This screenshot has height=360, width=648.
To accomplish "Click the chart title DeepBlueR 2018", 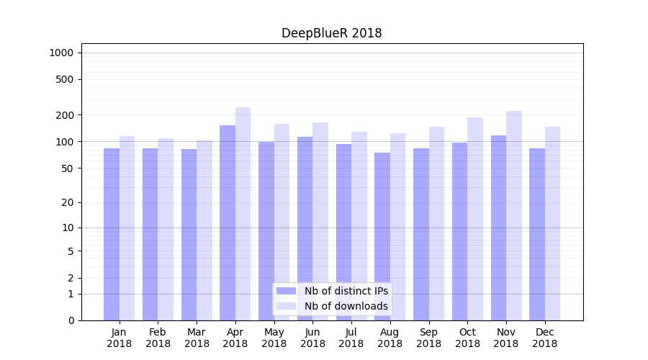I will pos(331,33).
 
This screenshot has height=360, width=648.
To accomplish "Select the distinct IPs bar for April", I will pos(228,223).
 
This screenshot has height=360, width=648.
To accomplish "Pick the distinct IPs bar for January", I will pos(112,234).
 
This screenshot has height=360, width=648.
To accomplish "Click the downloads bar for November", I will pos(513,216).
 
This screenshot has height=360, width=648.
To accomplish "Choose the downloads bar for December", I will pos(552,223).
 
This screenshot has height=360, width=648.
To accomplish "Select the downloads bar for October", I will pos(475,219).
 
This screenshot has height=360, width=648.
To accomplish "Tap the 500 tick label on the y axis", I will pos(66,79).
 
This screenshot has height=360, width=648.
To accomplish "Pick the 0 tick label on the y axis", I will pos(71,320).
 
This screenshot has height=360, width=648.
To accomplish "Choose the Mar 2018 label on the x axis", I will pos(197,338).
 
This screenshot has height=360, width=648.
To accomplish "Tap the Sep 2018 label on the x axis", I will pos(428,338).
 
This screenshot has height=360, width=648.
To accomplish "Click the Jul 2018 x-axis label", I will pos(351,338).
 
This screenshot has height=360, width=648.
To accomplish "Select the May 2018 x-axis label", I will pos(274,338).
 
